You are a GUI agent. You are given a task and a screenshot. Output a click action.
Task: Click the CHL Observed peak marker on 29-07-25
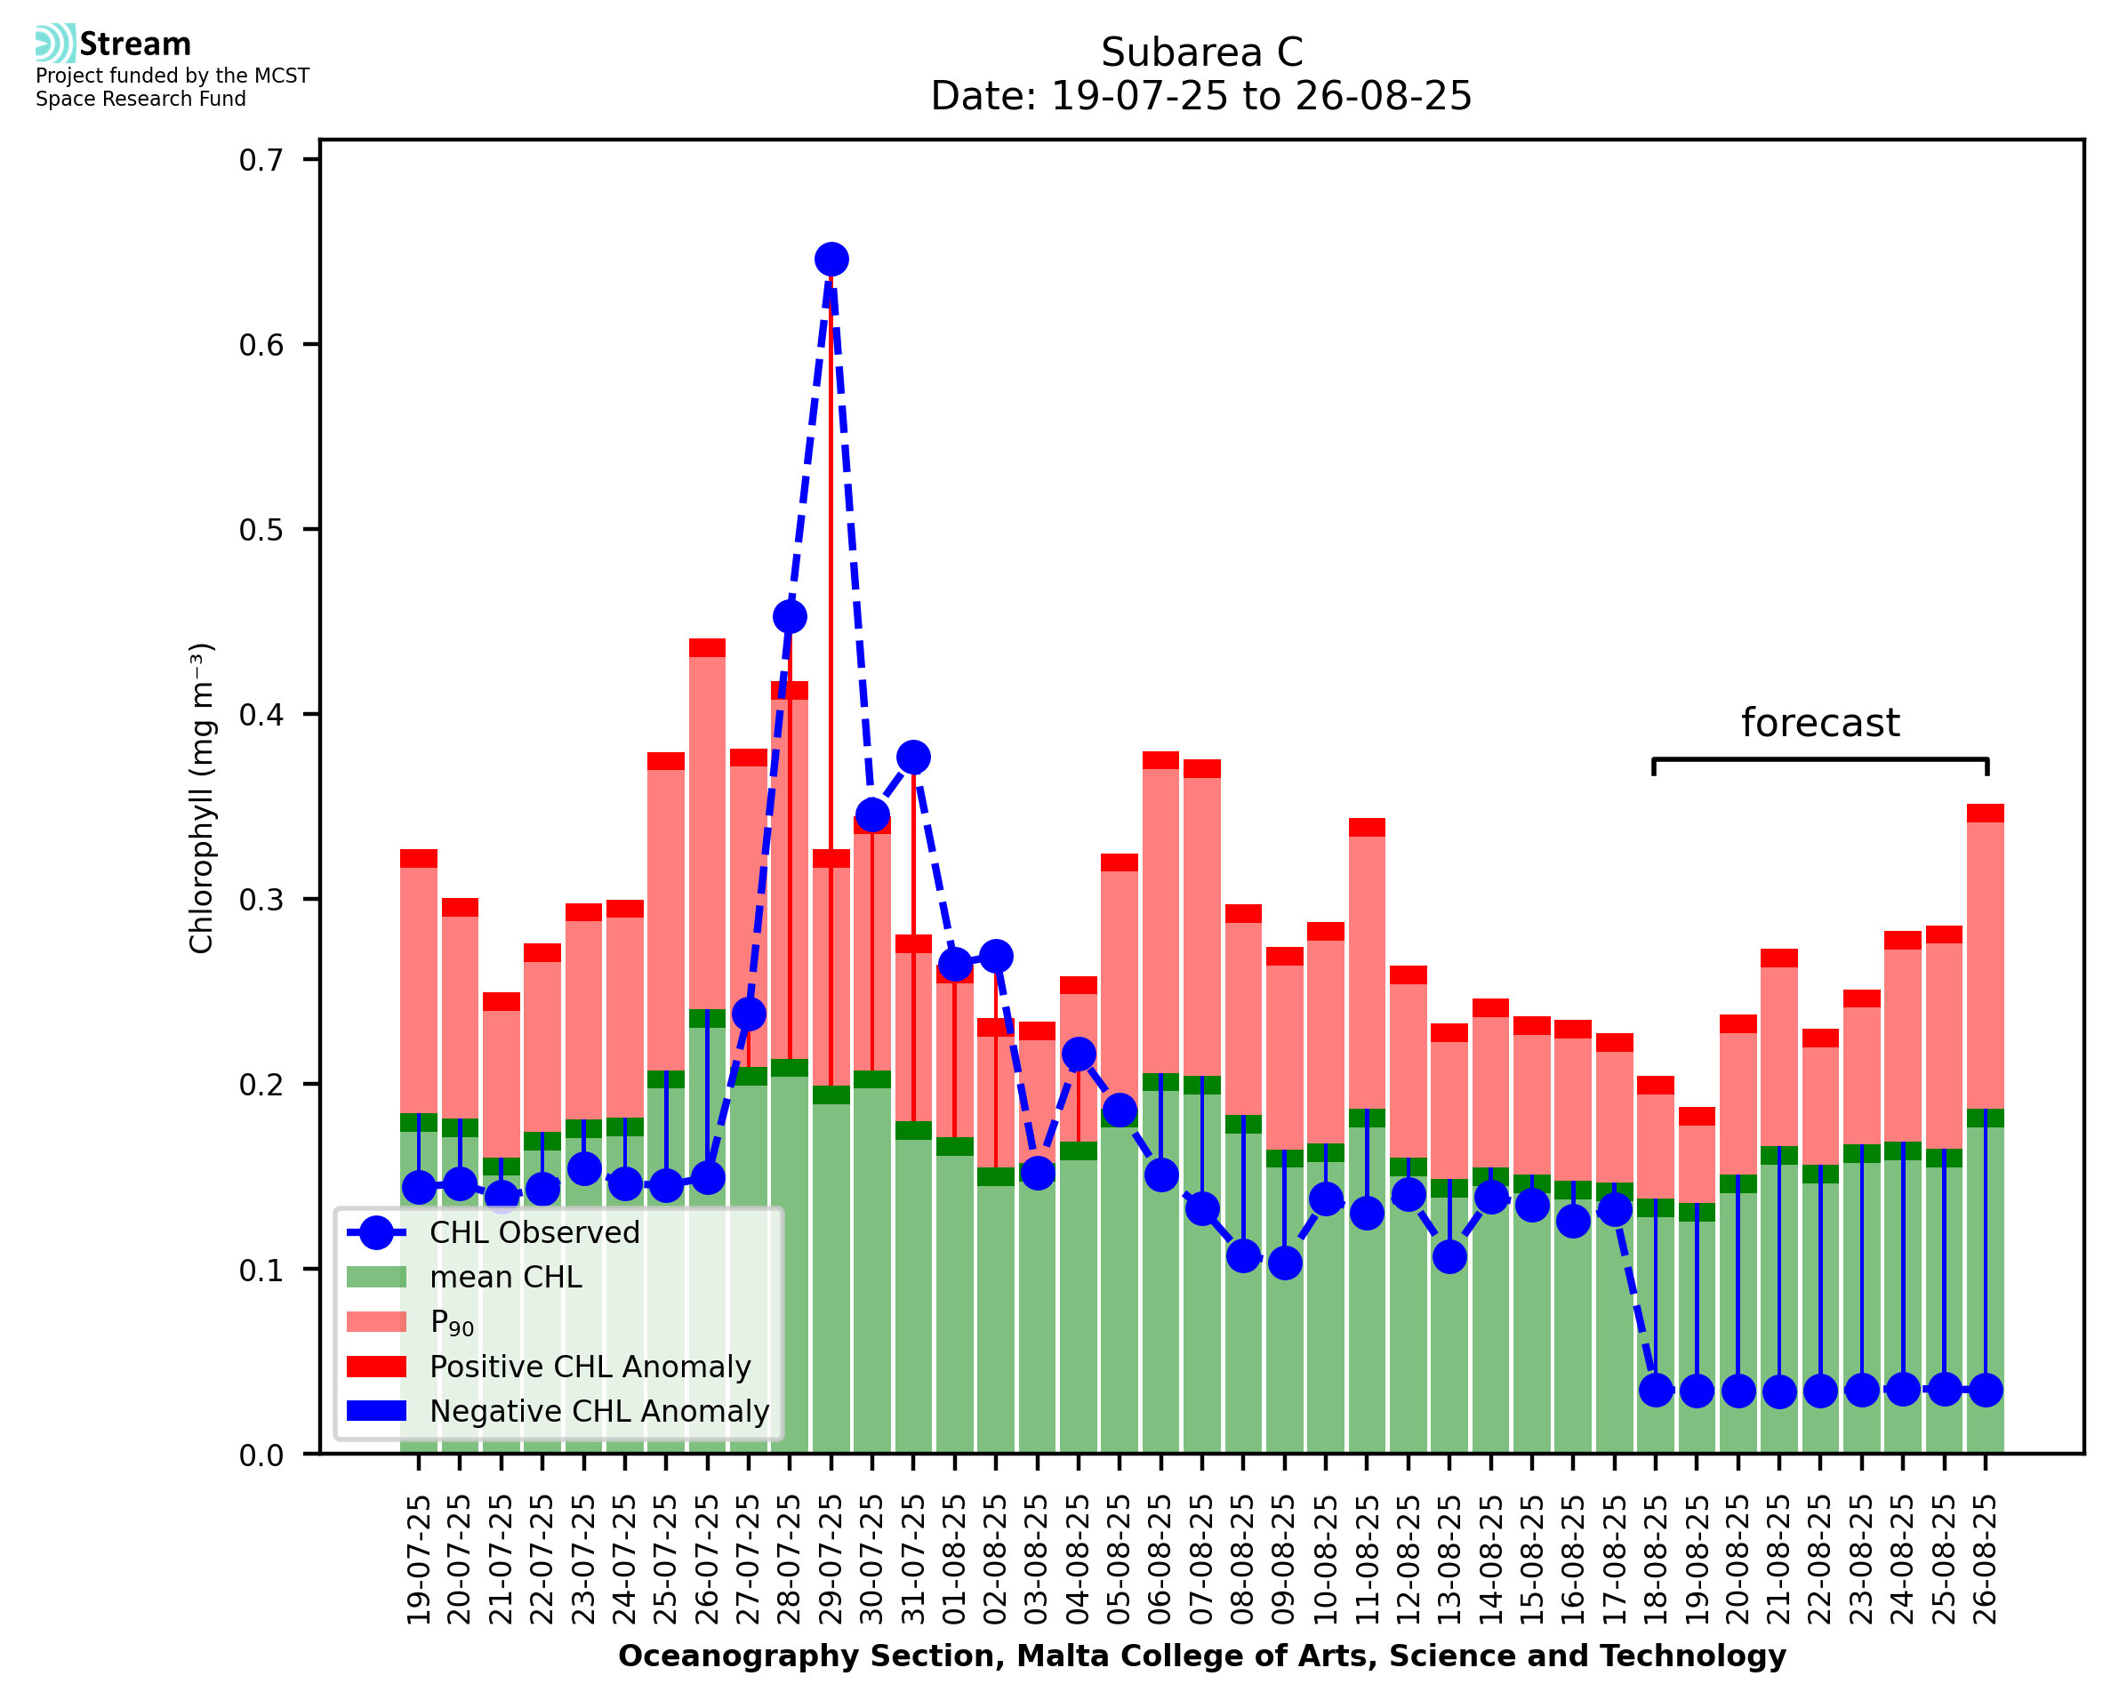pos(831,260)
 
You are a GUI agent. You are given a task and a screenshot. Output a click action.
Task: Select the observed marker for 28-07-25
pos(790,617)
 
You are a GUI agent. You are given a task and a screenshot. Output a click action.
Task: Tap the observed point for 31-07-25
pos(913,758)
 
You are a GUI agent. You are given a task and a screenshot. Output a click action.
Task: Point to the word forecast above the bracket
pos(1820,723)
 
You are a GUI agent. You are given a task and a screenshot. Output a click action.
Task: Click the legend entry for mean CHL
pos(505,1277)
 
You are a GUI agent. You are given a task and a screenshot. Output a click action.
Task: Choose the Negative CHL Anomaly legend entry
pos(598,1411)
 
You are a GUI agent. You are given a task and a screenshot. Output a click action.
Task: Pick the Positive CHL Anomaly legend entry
pos(590,1367)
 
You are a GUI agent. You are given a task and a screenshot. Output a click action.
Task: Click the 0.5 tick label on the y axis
pos(261,530)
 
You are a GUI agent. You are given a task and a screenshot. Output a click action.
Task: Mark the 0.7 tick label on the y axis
pos(261,160)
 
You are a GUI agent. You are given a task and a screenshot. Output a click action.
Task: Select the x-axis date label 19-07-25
pos(419,1560)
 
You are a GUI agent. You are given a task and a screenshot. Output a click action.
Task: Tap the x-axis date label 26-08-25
pos(1986,1560)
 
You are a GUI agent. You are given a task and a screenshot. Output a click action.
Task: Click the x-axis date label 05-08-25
pos(1120,1560)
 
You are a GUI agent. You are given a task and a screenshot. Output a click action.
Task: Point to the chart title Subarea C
pos(1201,52)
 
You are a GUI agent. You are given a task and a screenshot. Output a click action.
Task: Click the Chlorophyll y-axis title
pos(201,798)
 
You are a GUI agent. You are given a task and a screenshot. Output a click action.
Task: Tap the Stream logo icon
pos(55,44)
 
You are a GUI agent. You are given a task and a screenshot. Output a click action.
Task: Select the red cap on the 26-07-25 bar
pos(707,648)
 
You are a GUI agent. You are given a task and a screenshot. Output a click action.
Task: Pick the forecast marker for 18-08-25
pos(1656,1391)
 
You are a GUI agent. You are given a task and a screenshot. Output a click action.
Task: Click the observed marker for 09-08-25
pos(1285,1263)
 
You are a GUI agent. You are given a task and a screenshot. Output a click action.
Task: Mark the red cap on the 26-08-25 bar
pos(1986,814)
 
